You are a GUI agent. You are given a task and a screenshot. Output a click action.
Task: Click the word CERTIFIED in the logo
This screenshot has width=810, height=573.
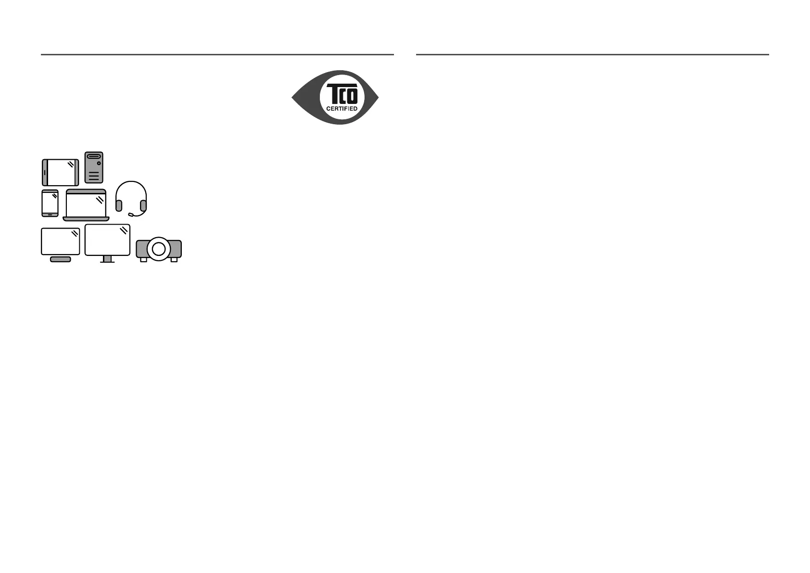(342, 109)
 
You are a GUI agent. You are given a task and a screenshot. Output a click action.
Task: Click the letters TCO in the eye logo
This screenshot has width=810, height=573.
(342, 93)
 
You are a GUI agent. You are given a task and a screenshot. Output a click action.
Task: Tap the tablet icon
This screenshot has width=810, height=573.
(61, 172)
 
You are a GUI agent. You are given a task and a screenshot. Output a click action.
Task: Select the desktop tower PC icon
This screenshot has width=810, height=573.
(94, 167)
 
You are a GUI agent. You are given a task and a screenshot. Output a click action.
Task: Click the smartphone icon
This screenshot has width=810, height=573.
(50, 203)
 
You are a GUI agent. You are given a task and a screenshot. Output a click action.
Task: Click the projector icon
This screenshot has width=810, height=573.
(159, 249)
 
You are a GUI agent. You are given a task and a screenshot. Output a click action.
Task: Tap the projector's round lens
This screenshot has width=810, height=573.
(159, 249)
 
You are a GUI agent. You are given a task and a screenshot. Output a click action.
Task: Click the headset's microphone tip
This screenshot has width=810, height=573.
(130, 215)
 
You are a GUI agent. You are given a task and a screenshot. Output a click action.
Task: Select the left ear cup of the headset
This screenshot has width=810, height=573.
(119, 205)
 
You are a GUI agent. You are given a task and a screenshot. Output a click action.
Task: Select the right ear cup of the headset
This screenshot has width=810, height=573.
(143, 205)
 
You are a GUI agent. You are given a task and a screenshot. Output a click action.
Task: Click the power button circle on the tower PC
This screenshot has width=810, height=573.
(99, 164)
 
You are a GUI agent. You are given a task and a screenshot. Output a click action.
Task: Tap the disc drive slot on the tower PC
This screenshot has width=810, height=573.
(94, 156)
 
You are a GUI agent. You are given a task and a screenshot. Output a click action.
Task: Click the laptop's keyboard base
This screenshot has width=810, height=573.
(86, 219)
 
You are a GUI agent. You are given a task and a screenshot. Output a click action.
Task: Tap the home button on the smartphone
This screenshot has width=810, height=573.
(50, 214)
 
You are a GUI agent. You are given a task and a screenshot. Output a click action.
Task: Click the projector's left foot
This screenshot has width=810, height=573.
(143, 260)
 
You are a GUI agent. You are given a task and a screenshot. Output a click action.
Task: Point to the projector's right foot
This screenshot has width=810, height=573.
(174, 260)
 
